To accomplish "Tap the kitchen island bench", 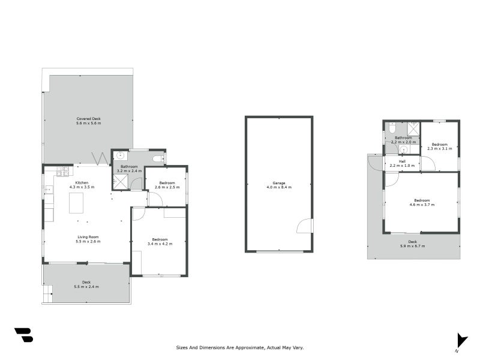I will click(x=76, y=203).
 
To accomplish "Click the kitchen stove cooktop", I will click(x=62, y=172).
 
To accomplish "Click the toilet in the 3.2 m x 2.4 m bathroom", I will click(x=158, y=158).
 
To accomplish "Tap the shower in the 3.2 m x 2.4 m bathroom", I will click(x=121, y=181).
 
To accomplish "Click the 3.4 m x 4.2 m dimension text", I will click(x=160, y=244).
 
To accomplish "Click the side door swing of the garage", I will click(x=305, y=226).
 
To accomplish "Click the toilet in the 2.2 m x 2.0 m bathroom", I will click(x=391, y=128).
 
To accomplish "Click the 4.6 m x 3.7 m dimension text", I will click(x=421, y=205).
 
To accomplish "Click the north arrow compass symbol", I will click(x=460, y=340).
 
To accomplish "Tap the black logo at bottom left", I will click(x=23, y=335).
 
